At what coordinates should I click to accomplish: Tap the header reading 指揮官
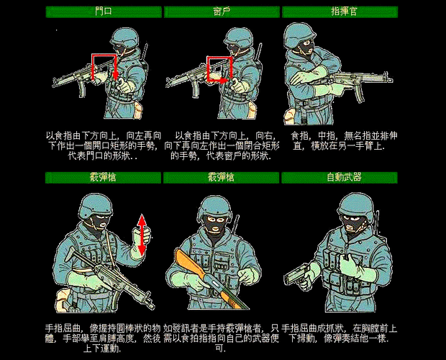pyautogui.click(x=341, y=12)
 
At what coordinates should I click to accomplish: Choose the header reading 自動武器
pyautogui.click(x=341, y=177)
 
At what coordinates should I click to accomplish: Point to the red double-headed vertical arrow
pyautogui.click(x=142, y=235)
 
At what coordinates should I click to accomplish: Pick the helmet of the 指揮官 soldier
pyautogui.click(x=300, y=36)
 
